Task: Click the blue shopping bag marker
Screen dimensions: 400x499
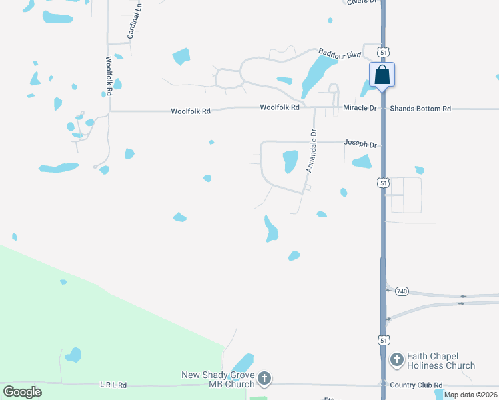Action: click(x=382, y=74)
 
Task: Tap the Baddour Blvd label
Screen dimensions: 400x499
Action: click(x=339, y=53)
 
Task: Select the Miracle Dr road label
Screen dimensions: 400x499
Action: click(x=360, y=108)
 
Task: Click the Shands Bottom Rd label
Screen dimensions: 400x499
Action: click(x=420, y=109)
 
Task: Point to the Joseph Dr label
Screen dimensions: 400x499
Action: click(x=360, y=143)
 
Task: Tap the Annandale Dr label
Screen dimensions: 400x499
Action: click(x=310, y=151)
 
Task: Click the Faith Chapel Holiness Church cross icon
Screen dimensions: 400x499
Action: click(x=396, y=360)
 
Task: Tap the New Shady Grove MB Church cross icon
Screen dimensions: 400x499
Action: click(x=264, y=379)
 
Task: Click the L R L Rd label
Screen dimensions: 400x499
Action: click(x=113, y=385)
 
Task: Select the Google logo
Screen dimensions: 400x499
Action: click(x=22, y=392)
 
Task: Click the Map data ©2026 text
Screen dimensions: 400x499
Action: click(x=471, y=395)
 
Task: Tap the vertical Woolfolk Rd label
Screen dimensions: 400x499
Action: click(x=109, y=75)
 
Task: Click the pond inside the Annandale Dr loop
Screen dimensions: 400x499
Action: click(x=290, y=161)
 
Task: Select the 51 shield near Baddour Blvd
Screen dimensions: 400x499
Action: click(x=382, y=51)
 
